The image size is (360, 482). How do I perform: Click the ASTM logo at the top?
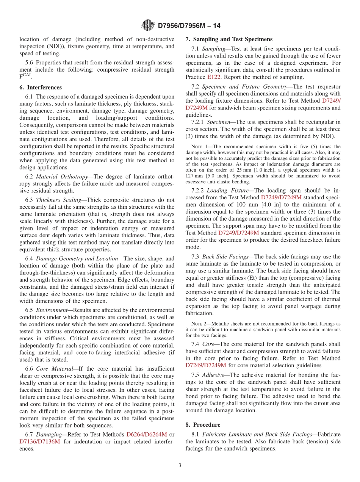(148, 26)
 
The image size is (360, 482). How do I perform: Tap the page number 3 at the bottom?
(180, 465)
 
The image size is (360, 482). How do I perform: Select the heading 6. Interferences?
(41, 87)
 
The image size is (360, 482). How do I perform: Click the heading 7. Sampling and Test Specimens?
(229, 39)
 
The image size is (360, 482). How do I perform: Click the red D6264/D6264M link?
(147, 434)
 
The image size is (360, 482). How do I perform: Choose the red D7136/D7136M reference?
(40, 441)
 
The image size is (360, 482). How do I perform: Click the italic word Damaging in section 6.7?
(49, 434)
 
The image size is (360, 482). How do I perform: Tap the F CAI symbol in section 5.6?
(25, 77)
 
